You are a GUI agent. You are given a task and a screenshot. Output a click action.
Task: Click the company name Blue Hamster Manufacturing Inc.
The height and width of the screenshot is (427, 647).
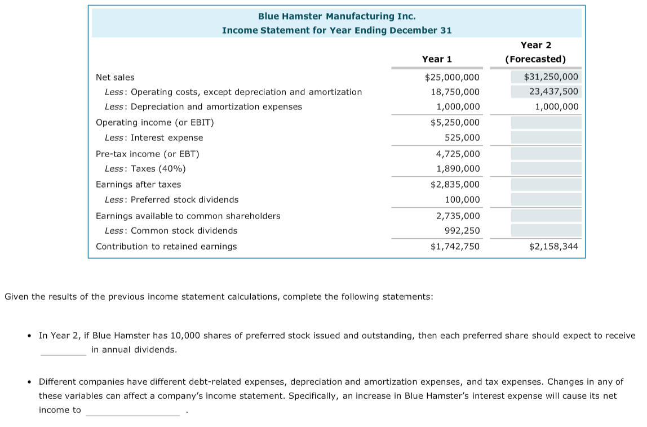(336, 16)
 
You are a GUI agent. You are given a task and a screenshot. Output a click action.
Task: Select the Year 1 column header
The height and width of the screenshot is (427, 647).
(437, 59)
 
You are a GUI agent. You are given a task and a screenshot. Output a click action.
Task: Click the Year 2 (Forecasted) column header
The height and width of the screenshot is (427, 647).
(535, 52)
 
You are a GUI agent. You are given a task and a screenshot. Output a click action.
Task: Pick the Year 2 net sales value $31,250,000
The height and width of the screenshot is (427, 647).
(551, 77)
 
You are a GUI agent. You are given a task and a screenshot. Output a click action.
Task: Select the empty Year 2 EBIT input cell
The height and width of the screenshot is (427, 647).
(546, 122)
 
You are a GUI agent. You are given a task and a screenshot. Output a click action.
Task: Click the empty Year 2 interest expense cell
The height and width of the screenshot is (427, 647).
(546, 137)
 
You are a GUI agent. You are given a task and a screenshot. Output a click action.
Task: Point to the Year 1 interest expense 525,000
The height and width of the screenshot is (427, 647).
(462, 137)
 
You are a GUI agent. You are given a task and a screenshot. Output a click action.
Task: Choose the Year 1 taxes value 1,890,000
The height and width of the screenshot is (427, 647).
(458, 168)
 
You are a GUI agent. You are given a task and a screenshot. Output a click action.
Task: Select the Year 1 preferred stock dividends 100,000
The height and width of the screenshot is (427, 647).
(462, 199)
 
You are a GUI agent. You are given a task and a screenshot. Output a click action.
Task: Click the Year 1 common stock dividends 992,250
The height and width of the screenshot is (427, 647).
(462, 230)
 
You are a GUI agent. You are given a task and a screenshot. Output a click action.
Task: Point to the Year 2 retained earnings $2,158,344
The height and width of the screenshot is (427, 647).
(553, 246)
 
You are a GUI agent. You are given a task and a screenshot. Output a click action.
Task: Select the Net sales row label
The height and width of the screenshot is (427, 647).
(115, 77)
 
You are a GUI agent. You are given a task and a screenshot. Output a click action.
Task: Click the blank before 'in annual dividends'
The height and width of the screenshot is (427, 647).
(63, 350)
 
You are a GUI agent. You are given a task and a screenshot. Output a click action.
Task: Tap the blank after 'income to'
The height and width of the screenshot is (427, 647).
(132, 411)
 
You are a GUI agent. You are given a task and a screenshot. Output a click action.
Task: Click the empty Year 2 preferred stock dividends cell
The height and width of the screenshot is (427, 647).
(546, 199)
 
